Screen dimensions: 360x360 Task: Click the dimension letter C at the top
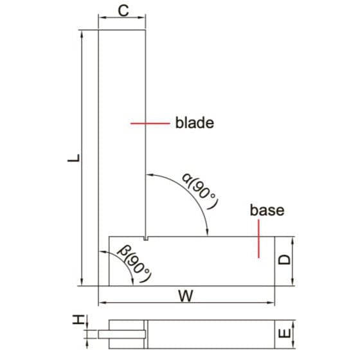tap(123, 11)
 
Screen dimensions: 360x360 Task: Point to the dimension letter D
tap(285, 260)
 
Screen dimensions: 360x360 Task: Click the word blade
tap(194, 122)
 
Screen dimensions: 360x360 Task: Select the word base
tap(267, 210)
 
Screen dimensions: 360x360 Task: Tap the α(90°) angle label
tap(200, 190)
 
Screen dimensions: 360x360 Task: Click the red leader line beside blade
tap(149, 122)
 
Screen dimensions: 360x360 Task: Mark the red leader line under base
tap(258, 240)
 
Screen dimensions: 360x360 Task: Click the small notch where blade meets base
tap(147, 239)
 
